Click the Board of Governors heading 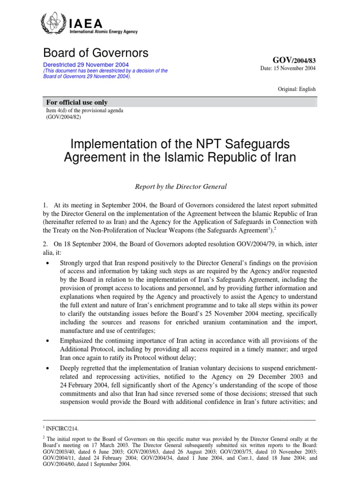pyautogui.click(x=96, y=53)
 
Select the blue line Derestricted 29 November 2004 pyautogui.click(x=86, y=65)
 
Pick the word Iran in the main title pyautogui.click(x=285, y=157)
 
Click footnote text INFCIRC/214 pyautogui.click(x=63, y=428)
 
